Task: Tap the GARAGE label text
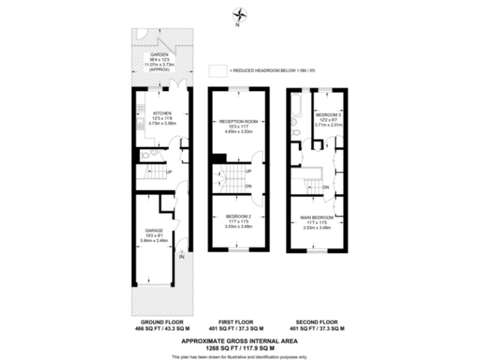(x=154, y=229)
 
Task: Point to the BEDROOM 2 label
(x=239, y=217)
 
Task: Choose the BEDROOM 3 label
(x=329, y=115)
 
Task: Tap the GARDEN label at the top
(x=159, y=54)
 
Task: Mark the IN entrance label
(x=182, y=256)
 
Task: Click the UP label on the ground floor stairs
(x=169, y=171)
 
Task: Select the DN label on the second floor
(x=326, y=187)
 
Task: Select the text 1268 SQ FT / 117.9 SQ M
(x=239, y=347)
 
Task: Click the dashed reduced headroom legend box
(x=216, y=71)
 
